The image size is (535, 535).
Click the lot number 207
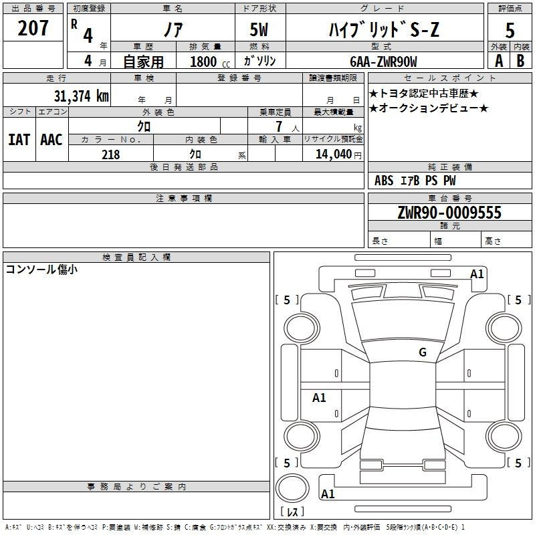[33, 28]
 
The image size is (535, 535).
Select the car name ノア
[173, 29]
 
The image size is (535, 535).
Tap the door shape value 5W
[259, 29]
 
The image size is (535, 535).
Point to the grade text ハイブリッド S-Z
[384, 29]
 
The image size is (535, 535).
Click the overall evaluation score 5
[510, 30]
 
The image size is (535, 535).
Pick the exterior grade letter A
[499, 61]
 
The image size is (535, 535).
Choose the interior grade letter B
[520, 61]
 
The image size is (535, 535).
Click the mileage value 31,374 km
[82, 96]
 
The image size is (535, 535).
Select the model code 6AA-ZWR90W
[383, 62]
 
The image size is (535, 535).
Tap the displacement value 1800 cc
[210, 62]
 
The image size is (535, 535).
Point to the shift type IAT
[19, 140]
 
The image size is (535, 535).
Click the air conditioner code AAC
[51, 140]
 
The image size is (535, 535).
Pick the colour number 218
[111, 154]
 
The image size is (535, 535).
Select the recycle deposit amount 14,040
[334, 154]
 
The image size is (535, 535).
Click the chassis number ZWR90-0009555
[449, 213]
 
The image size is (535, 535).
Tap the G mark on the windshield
[423, 352]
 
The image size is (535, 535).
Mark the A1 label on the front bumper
[477, 274]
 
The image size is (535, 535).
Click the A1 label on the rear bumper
[328, 494]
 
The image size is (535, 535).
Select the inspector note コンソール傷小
[41, 270]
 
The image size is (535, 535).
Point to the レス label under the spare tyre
[292, 511]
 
